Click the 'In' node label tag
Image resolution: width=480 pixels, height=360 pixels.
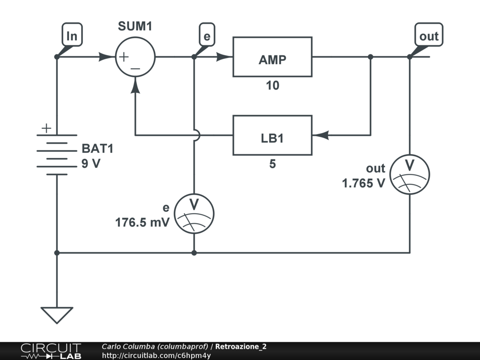[x=72, y=35]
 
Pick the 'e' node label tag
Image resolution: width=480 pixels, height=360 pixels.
[x=207, y=35]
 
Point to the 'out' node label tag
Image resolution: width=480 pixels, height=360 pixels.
[x=428, y=35]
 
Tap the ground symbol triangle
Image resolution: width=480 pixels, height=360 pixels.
[x=57, y=315]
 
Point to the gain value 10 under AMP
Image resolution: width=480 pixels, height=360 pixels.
[x=272, y=85]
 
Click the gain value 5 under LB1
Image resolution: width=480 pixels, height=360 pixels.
[x=272, y=164]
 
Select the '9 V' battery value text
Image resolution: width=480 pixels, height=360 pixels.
[x=91, y=164]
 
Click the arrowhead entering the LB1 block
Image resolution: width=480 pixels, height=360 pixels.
[x=321, y=135]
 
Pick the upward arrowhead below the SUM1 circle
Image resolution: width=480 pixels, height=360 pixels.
[x=135, y=85]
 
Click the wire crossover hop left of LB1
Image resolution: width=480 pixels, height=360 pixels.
[x=198, y=135]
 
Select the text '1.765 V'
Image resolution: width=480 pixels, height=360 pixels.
[x=363, y=183]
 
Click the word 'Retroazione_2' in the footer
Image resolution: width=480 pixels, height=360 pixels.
[x=240, y=346]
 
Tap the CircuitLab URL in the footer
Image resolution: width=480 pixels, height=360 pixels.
[x=156, y=355]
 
